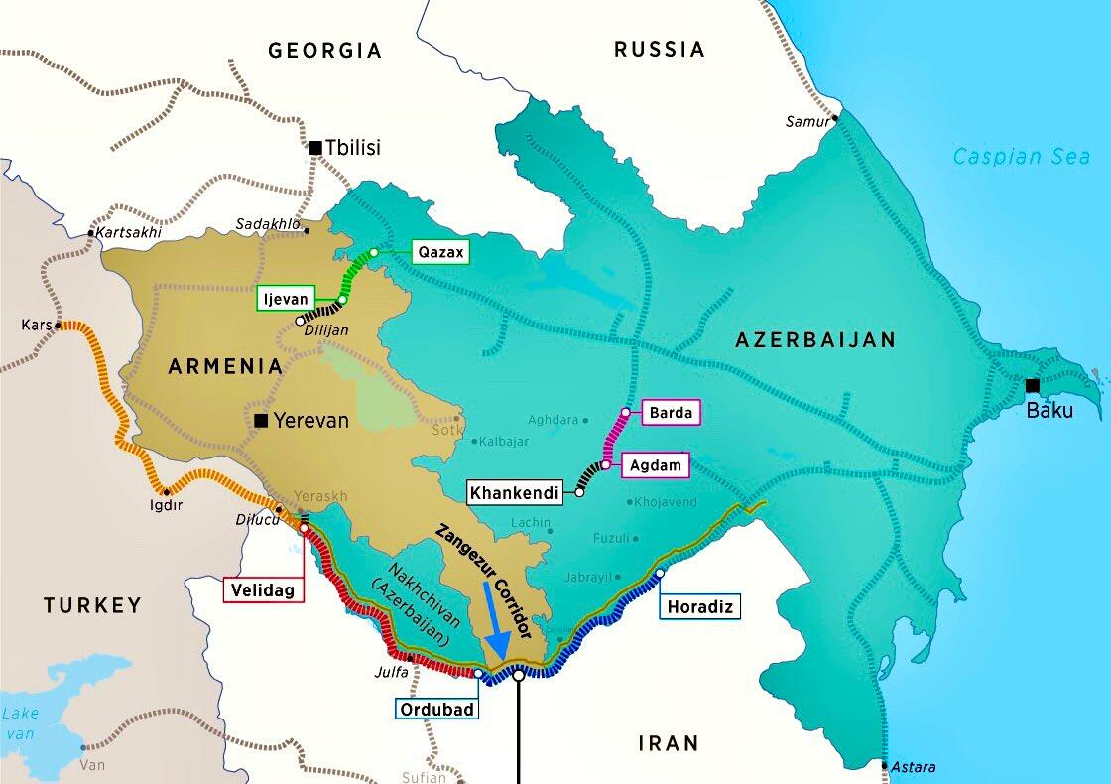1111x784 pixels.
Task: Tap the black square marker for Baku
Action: (1033, 385)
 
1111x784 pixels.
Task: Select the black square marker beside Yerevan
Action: (261, 420)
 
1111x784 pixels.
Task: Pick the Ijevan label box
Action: (286, 298)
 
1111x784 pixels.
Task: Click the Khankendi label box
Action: (516, 491)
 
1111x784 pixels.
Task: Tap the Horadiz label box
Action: (700, 605)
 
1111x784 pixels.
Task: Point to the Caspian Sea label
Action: (1021, 156)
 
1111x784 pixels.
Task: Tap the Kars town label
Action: (35, 325)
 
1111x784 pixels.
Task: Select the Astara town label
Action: (914, 767)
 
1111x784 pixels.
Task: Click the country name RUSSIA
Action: (659, 49)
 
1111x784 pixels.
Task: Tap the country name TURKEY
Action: (92, 604)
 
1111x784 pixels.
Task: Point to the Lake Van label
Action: (20, 721)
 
